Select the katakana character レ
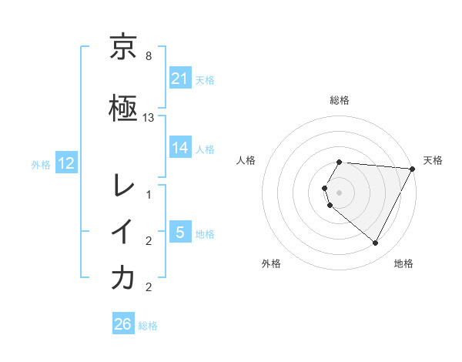(123, 185)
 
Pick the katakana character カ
(123, 278)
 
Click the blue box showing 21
(180, 79)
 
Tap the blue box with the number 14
(180, 148)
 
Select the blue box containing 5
(180, 233)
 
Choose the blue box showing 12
(67, 163)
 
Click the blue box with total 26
(123, 325)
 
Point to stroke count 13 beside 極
(149, 117)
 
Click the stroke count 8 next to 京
(149, 57)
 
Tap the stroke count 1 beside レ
(149, 195)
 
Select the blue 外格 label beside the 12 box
(41, 164)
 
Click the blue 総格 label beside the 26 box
(148, 326)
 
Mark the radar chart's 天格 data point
(413, 169)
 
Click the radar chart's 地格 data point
(376, 243)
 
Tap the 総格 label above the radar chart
(340, 101)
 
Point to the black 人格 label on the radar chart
(247, 160)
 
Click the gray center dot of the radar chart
(340, 192)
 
